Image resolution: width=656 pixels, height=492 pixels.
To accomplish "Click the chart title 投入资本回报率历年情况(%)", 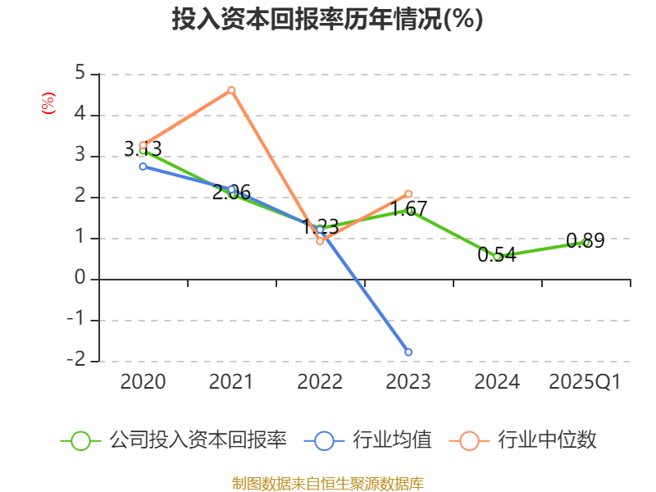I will pos(327,20).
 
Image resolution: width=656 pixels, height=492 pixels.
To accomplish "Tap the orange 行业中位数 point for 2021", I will pos(232,90).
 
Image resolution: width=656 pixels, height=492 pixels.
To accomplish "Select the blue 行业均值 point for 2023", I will pos(408,353).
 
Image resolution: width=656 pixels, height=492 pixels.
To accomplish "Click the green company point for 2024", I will pos(497,257).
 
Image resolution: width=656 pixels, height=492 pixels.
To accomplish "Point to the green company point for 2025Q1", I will pos(586,243).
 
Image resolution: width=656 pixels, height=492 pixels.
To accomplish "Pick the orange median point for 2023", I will pos(408,194).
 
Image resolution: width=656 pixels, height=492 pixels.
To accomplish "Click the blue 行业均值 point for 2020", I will pos(143,166).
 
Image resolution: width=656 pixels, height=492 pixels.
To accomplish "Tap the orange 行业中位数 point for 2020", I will pos(143,145).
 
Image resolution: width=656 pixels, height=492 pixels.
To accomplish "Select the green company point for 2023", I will pos(409,211).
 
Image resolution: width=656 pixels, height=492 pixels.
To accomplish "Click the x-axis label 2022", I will pos(320,382).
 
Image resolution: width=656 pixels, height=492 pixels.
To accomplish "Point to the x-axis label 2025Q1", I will pos(585,382).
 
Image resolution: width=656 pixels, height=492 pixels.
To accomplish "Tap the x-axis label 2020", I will pos(143,382).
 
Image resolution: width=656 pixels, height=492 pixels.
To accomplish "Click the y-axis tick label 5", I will pos(80,73).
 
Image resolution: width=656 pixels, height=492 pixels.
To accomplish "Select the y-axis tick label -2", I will pos(76,360).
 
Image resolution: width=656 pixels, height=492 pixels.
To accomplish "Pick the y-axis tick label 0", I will pos(80,278).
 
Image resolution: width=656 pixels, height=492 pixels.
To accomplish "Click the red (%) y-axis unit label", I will pos(48,103).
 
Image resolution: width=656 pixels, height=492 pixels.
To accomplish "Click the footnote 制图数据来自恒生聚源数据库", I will pos(327,483).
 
